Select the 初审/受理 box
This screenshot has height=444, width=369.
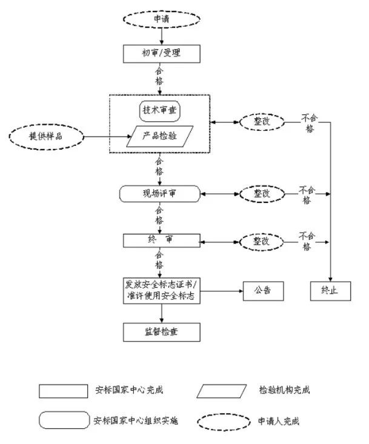coord(161,53)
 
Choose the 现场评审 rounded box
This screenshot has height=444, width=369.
coord(160,194)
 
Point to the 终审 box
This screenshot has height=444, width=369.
coord(161,240)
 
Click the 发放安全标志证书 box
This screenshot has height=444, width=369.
coord(161,291)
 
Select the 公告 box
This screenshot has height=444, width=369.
coord(264,291)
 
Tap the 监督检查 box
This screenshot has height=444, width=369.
coord(161,331)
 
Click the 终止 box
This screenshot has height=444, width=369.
coord(330,291)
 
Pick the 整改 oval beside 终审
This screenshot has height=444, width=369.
coord(261,240)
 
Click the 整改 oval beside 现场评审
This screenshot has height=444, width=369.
coord(261,194)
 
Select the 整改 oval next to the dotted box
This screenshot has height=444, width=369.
coord(261,122)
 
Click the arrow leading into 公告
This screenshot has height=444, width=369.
coord(222,291)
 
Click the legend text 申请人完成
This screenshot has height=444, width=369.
coord(279,421)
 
